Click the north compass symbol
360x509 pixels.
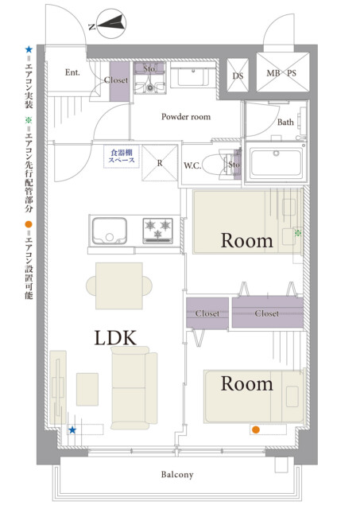(x=111, y=23)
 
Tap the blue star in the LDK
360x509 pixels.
(x=72, y=430)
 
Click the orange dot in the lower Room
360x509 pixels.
(x=256, y=429)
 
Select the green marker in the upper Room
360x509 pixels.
(x=298, y=233)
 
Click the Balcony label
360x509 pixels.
(x=177, y=475)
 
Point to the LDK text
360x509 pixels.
(x=115, y=337)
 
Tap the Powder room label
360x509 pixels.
(x=186, y=117)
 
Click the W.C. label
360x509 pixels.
(x=192, y=165)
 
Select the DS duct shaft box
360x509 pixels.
(x=238, y=76)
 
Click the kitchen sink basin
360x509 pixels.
(x=110, y=231)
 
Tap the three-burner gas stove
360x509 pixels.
(x=157, y=231)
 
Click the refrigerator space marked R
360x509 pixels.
(x=160, y=162)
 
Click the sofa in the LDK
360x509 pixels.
(x=134, y=388)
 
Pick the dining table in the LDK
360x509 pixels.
(x=119, y=286)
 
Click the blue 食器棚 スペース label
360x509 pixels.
(x=122, y=156)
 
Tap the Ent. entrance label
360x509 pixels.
(x=72, y=72)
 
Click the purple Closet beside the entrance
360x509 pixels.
(x=119, y=82)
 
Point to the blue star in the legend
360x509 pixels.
(x=29, y=49)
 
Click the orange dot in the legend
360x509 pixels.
(x=29, y=224)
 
